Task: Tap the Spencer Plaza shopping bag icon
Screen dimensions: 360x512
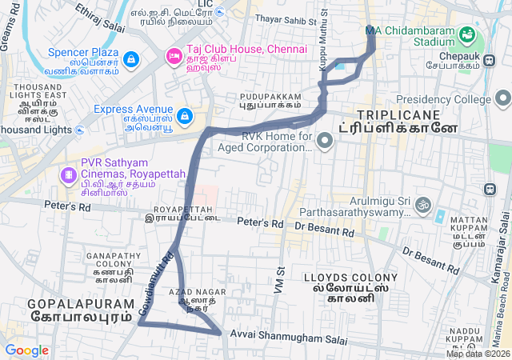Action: point(131,60)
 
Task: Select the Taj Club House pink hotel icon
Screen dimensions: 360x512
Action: point(173,56)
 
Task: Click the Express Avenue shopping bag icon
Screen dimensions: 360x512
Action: point(185,116)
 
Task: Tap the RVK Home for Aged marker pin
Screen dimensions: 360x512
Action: point(324,142)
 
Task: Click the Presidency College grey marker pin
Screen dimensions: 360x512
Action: point(502,99)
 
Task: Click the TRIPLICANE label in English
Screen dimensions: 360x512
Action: point(398,114)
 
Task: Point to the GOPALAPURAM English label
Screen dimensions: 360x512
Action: point(69,304)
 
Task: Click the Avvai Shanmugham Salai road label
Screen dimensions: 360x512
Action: point(289,337)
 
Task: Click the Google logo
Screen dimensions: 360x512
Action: point(26,350)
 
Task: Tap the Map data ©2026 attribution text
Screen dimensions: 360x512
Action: point(478,354)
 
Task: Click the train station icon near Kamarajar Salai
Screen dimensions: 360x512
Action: point(488,190)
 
